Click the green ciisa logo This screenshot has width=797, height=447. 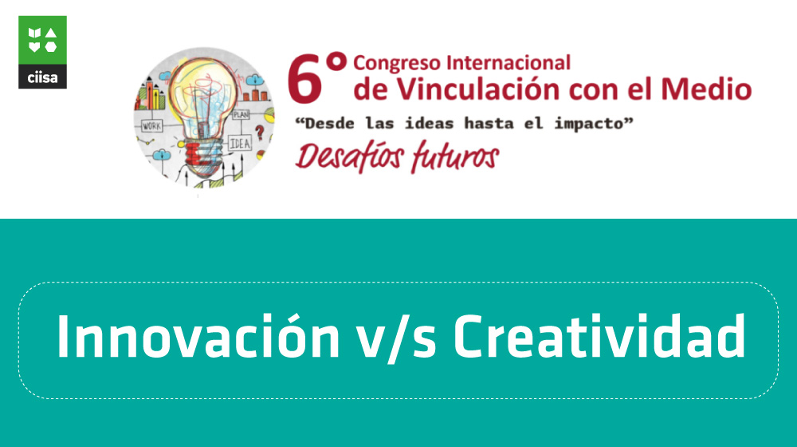point(42,52)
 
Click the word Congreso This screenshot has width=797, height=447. point(396,64)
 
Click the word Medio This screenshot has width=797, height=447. point(706,89)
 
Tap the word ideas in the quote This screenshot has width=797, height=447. point(429,123)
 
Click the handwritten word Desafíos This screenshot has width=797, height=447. point(350,156)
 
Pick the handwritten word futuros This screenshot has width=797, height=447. point(455,156)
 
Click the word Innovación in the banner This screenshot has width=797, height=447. point(198,337)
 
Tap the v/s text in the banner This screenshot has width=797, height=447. point(396,338)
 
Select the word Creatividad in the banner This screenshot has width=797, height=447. point(599,337)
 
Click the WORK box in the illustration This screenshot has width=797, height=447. point(151,126)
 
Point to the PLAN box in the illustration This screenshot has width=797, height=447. point(241,114)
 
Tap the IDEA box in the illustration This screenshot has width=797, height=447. point(240,144)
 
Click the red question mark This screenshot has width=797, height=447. point(260,133)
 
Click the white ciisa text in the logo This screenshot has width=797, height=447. point(42,78)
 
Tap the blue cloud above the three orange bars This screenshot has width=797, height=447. point(255,80)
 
